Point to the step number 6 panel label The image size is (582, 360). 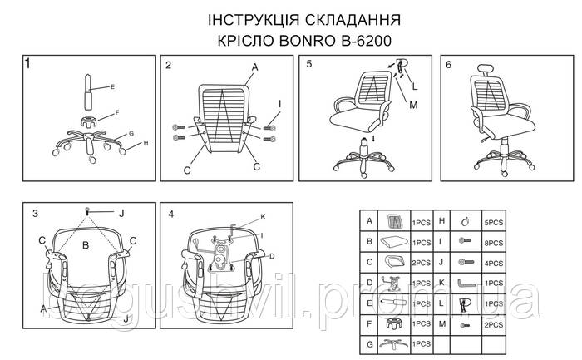(449, 65)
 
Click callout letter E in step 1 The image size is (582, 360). (112, 86)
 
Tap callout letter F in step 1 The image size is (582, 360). (116, 111)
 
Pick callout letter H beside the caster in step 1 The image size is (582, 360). (145, 142)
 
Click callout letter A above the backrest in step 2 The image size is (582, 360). (254, 67)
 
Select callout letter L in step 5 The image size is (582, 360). (415, 87)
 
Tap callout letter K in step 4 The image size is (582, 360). (263, 218)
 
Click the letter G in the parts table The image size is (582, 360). (368, 342)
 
